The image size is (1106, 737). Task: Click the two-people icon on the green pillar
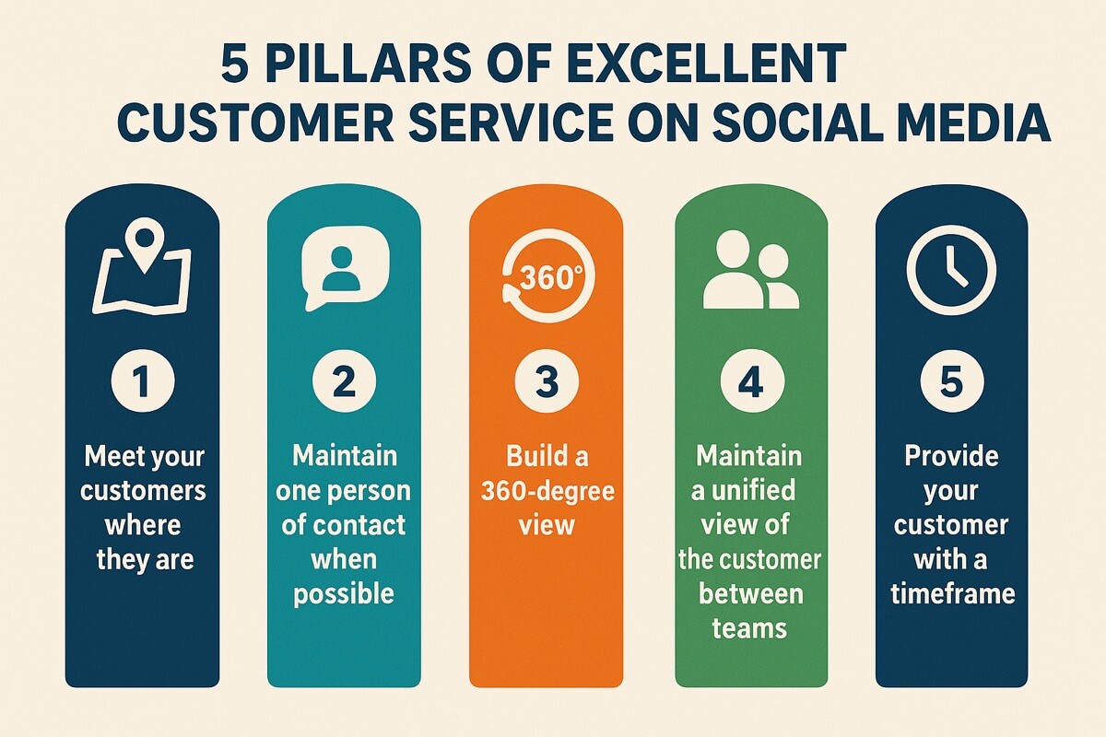[x=749, y=269]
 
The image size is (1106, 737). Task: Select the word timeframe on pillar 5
[x=952, y=593]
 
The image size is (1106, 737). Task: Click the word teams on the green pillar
[x=749, y=628]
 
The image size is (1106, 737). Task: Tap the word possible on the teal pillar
[x=344, y=593]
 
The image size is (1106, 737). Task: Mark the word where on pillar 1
[x=143, y=526]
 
